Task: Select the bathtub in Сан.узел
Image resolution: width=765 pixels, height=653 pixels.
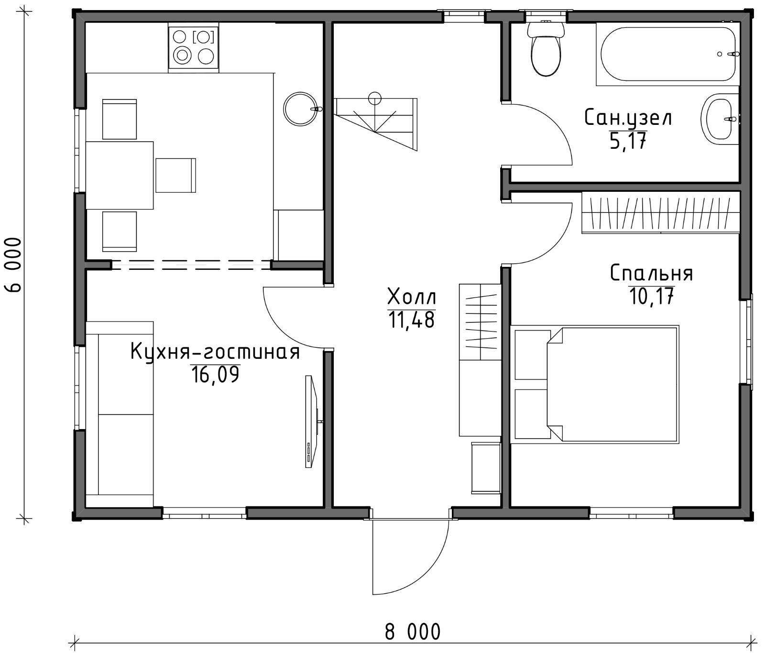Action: [667, 54]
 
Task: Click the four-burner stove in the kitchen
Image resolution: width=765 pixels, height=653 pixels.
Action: [194, 47]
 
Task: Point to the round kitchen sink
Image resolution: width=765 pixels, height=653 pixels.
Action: [300, 109]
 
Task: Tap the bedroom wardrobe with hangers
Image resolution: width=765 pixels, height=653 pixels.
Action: [661, 212]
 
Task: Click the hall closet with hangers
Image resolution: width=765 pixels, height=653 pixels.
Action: [480, 322]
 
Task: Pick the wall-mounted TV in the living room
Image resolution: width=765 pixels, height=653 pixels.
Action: [311, 421]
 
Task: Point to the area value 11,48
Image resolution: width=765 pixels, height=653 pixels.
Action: [411, 320]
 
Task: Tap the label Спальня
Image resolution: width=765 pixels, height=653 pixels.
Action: [651, 274]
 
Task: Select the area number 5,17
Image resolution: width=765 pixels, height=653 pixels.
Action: [628, 141]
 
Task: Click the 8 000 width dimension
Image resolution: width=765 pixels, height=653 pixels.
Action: [413, 632]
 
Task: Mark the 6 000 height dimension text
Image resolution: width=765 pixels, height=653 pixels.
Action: [14, 264]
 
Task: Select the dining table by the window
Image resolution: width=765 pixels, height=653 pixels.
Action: [120, 175]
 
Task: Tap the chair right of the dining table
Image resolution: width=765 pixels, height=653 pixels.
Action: [176, 175]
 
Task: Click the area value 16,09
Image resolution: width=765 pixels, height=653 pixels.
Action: [215, 375]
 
